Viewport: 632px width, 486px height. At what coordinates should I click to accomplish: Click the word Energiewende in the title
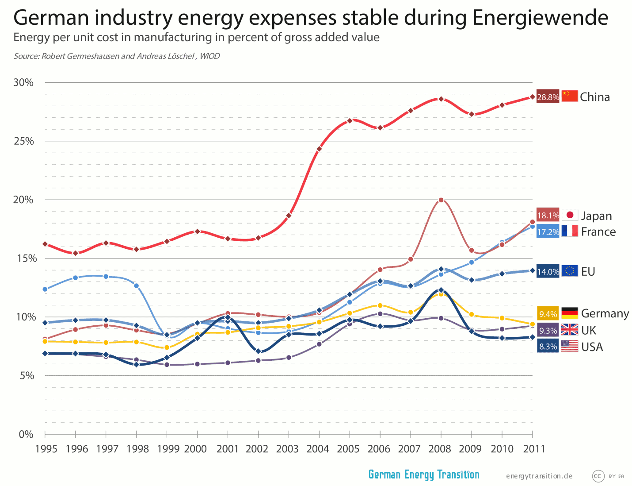(540, 18)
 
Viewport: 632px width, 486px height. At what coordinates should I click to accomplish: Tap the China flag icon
(569, 96)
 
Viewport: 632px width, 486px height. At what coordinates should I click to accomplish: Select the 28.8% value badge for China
(548, 96)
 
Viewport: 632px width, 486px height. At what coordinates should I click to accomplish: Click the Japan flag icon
(569, 215)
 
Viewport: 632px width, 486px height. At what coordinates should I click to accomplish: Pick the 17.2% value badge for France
(548, 231)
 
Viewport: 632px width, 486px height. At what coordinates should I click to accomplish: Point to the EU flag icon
(569, 271)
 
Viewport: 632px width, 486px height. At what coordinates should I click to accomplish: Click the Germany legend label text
(605, 313)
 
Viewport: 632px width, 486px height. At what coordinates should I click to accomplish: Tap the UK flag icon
(569, 330)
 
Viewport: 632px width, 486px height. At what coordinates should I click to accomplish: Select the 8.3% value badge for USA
(548, 346)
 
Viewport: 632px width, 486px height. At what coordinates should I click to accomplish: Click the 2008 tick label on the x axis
(439, 449)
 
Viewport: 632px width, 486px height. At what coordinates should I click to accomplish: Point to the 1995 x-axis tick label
(46, 449)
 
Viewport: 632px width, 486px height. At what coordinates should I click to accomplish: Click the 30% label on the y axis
(23, 83)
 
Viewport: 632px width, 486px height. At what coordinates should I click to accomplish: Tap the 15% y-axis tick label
(23, 258)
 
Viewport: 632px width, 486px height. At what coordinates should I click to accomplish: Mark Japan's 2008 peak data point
(441, 200)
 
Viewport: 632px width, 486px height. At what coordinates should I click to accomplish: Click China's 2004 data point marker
(319, 149)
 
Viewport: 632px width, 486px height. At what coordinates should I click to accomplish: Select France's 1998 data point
(137, 286)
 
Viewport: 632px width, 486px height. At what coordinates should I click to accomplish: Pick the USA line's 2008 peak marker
(441, 290)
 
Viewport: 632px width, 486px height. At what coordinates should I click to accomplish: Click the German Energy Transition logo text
(423, 475)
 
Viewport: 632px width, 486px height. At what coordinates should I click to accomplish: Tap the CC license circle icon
(598, 476)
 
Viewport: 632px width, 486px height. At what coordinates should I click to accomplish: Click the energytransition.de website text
(539, 476)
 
